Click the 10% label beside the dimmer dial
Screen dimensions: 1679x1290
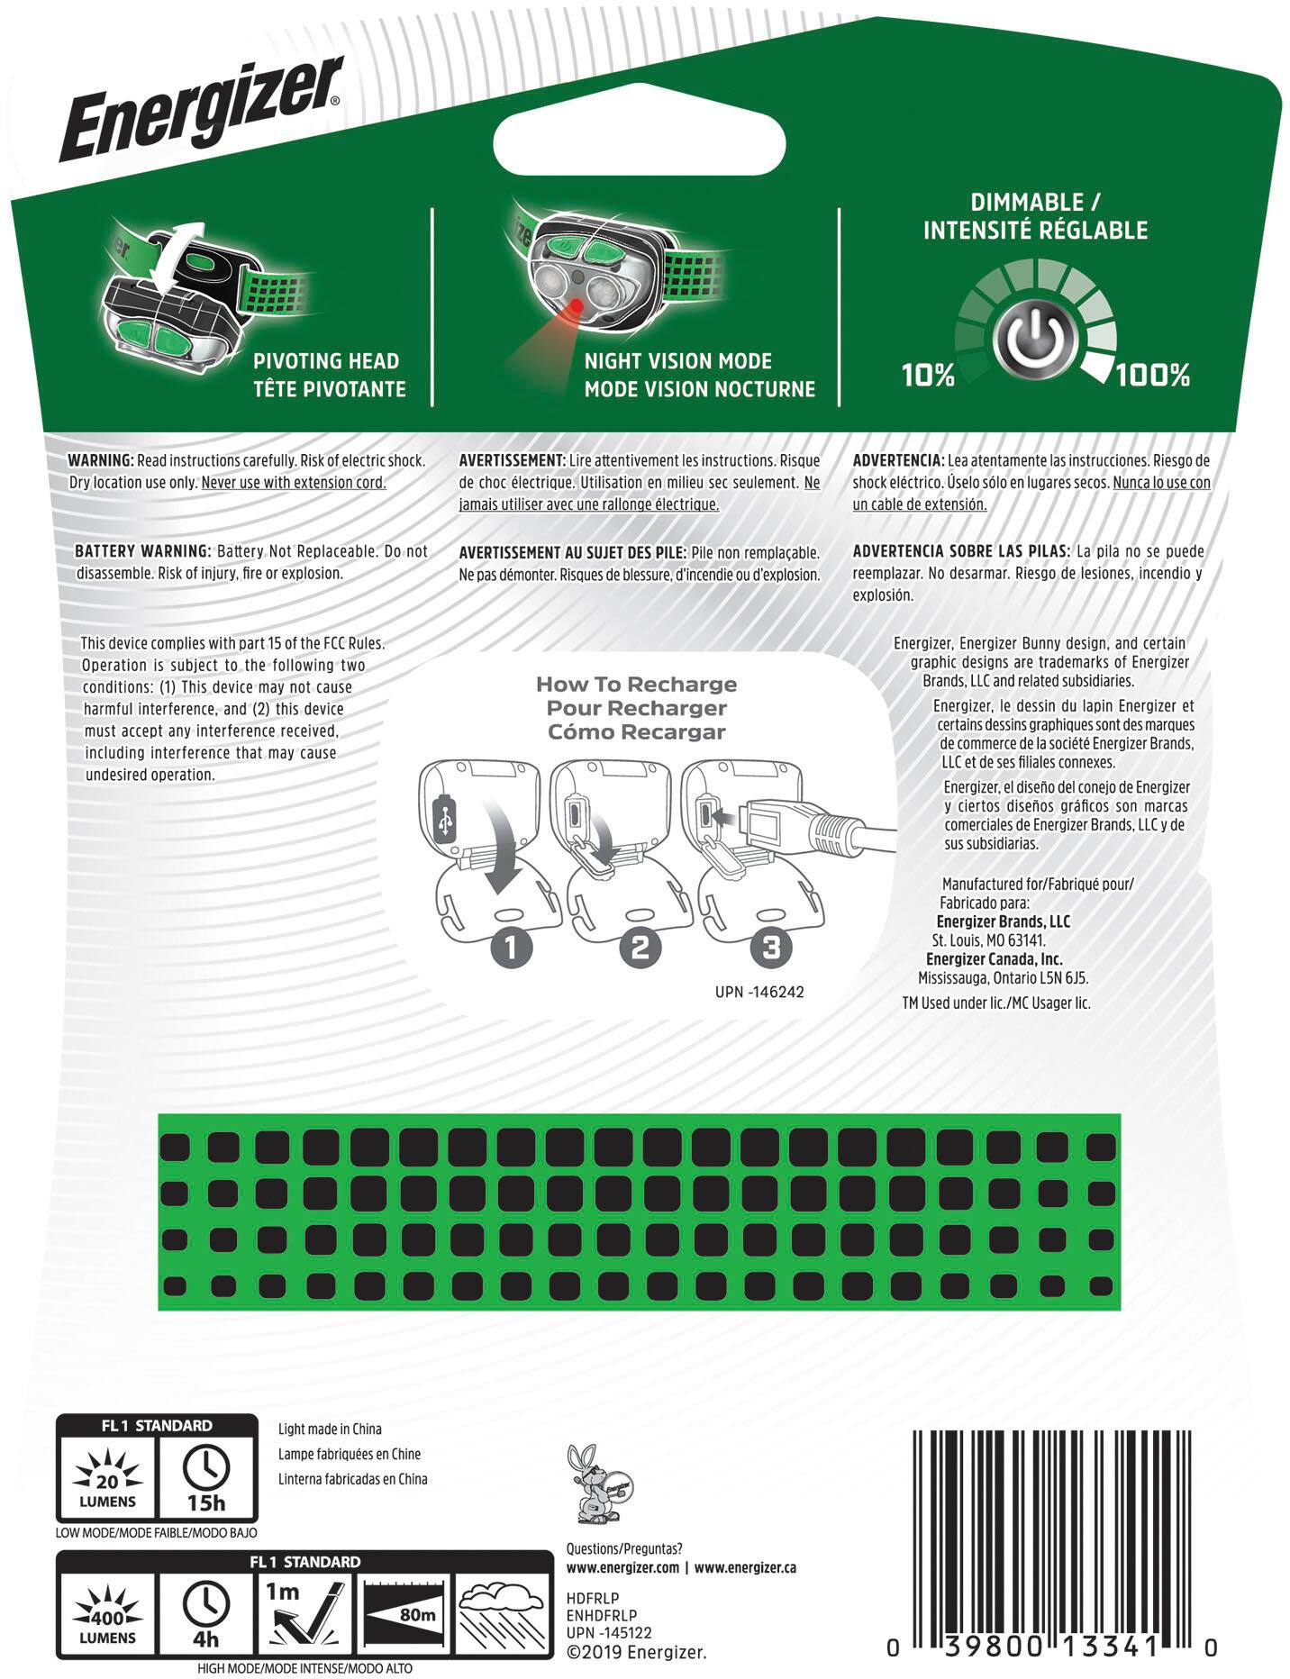point(928,375)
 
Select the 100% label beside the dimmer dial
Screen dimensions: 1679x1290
point(1153,375)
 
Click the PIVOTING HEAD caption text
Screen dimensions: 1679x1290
point(326,361)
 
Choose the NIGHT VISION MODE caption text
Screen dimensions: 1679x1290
point(678,361)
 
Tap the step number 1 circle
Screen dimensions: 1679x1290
point(511,948)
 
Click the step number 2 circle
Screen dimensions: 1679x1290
point(640,948)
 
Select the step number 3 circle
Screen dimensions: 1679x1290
point(770,948)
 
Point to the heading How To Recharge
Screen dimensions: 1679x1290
point(636,685)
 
